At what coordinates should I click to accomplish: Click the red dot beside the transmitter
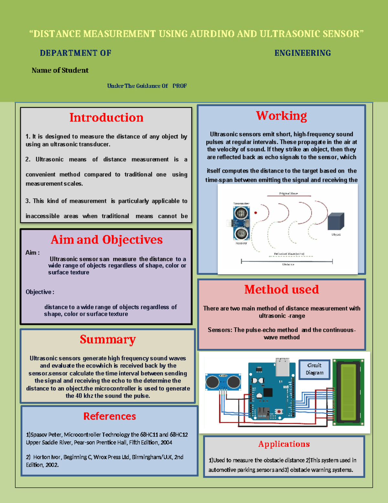click(255, 213)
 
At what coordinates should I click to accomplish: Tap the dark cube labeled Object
click(336, 222)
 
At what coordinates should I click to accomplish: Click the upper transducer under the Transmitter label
click(241, 213)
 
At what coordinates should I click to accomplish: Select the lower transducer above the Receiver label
click(241, 233)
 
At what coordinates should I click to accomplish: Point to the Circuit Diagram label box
click(314, 369)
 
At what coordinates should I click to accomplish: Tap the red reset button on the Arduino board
click(278, 412)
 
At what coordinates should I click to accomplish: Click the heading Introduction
click(106, 118)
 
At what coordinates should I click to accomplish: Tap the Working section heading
click(281, 116)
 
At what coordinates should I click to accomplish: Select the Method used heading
click(281, 289)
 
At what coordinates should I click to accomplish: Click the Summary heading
click(108, 339)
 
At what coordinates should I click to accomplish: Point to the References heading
click(110, 416)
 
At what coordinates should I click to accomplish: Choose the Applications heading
click(284, 444)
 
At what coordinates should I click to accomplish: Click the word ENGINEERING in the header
click(303, 53)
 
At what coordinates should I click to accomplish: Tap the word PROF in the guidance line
click(179, 86)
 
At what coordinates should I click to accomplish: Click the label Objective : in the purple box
click(40, 292)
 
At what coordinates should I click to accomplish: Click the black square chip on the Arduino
click(268, 392)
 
